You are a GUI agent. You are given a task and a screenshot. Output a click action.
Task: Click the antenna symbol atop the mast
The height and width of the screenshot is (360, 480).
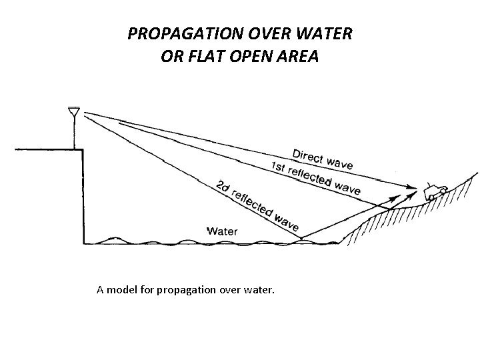click(74, 111)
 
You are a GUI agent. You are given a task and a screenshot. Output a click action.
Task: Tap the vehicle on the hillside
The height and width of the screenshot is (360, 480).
click(434, 191)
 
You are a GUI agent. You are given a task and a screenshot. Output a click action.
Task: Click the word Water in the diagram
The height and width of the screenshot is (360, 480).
click(223, 231)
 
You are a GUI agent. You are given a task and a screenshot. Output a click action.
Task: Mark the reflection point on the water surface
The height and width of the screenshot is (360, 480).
click(301, 238)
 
